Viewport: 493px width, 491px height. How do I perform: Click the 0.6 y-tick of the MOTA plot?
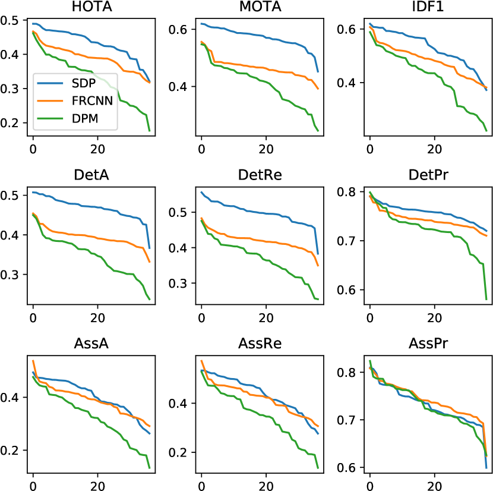click(181, 30)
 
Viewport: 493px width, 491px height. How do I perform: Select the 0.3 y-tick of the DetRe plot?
click(181, 283)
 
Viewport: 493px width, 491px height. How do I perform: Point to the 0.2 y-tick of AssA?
click(12, 450)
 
